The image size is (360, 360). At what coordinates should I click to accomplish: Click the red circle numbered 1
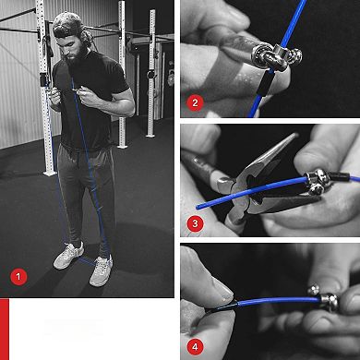click(18, 276)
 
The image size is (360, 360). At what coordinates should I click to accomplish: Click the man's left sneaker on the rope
click(101, 270)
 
